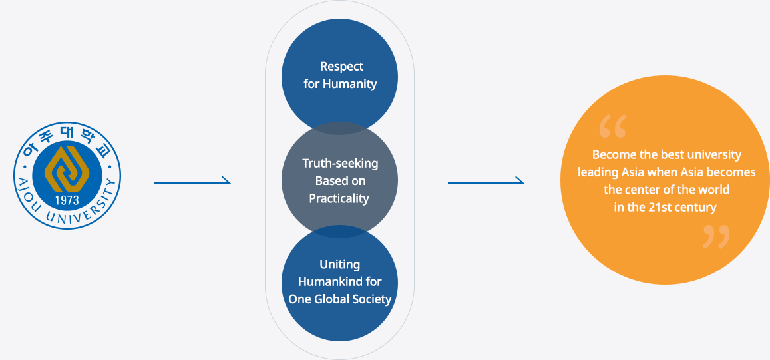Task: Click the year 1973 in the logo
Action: click(67, 200)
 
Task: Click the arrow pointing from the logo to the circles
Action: click(192, 181)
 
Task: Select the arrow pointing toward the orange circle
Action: click(486, 181)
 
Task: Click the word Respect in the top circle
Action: click(342, 67)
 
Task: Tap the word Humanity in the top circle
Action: click(349, 84)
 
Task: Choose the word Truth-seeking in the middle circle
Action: click(340, 163)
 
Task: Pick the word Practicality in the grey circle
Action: click(339, 198)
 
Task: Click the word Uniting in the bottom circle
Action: click(339, 264)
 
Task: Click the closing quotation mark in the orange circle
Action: click(716, 237)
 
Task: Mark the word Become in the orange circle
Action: click(612, 155)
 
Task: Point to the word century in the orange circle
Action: click(696, 207)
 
